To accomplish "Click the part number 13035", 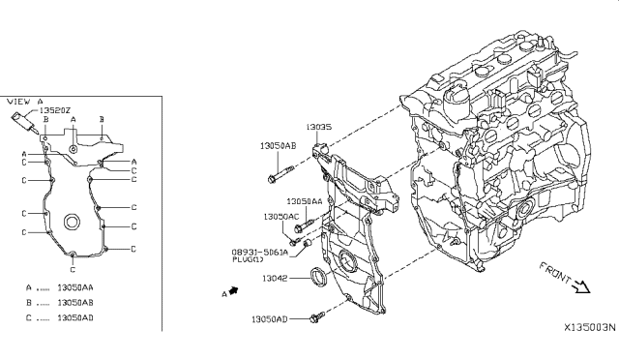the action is [319, 127].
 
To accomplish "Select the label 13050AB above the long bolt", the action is [278, 146].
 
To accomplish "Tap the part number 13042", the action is [275, 278].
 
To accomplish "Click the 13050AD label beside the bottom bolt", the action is [270, 319].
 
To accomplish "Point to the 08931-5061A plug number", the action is [260, 253].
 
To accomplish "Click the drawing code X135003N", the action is [589, 328].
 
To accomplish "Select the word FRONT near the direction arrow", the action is [555, 273].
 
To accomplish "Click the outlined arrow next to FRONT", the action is [581, 286].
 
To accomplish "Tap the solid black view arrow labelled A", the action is [234, 291].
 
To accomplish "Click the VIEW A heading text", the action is [25, 102].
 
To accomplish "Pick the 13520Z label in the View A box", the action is [54, 111].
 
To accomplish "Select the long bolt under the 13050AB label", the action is [280, 174].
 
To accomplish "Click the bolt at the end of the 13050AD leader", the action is [317, 316].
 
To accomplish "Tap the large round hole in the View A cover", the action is [72, 222].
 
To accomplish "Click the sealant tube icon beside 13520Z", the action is [25, 122].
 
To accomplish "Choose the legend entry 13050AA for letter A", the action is [75, 287].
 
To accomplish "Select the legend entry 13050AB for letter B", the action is [75, 303].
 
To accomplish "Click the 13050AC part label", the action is [281, 217].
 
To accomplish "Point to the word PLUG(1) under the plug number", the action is [248, 259].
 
